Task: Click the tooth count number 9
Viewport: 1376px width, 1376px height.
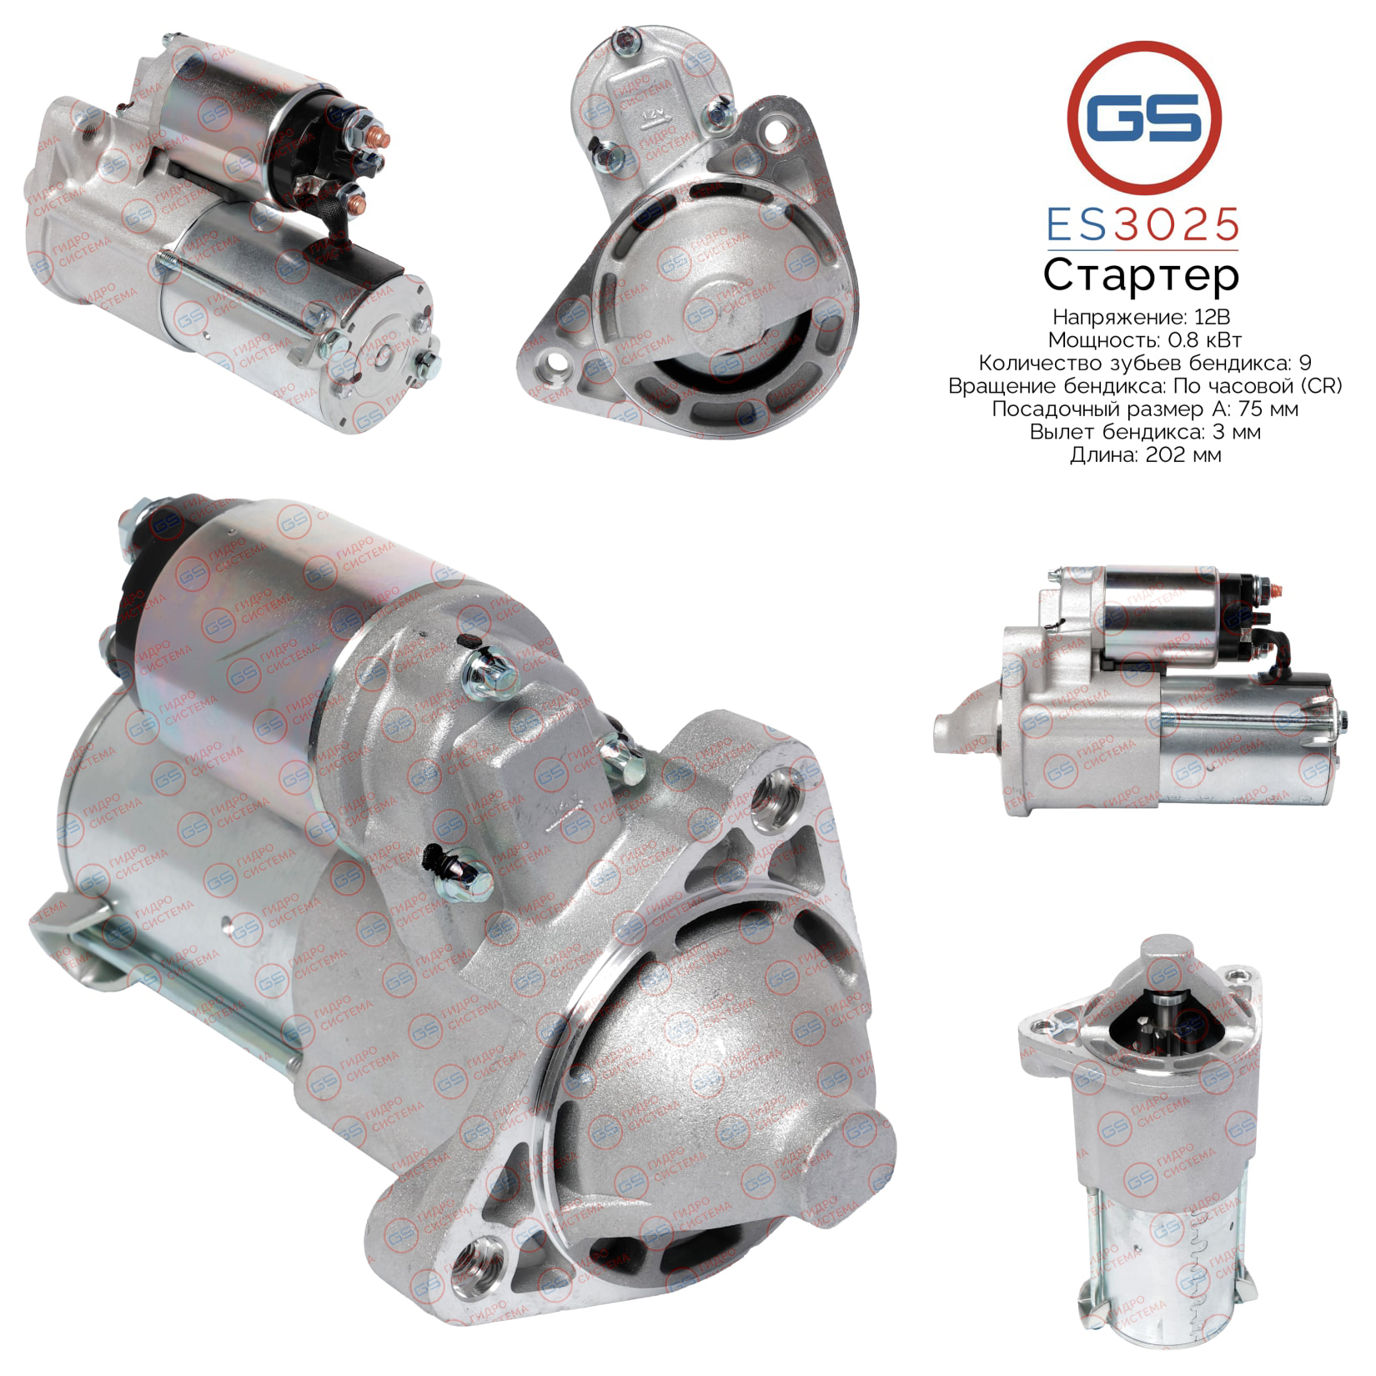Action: [x=1305, y=363]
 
